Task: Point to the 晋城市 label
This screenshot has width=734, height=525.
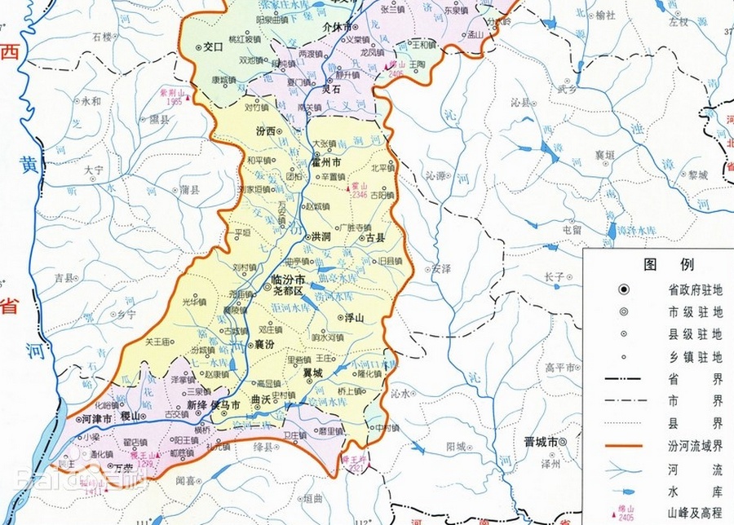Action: (x=541, y=441)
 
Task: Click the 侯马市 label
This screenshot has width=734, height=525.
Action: (x=225, y=404)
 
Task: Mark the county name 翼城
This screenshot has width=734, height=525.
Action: (x=313, y=373)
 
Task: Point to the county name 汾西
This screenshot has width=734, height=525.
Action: (x=265, y=130)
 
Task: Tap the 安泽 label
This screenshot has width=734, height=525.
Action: (x=441, y=268)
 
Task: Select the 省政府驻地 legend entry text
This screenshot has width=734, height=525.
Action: (x=695, y=289)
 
